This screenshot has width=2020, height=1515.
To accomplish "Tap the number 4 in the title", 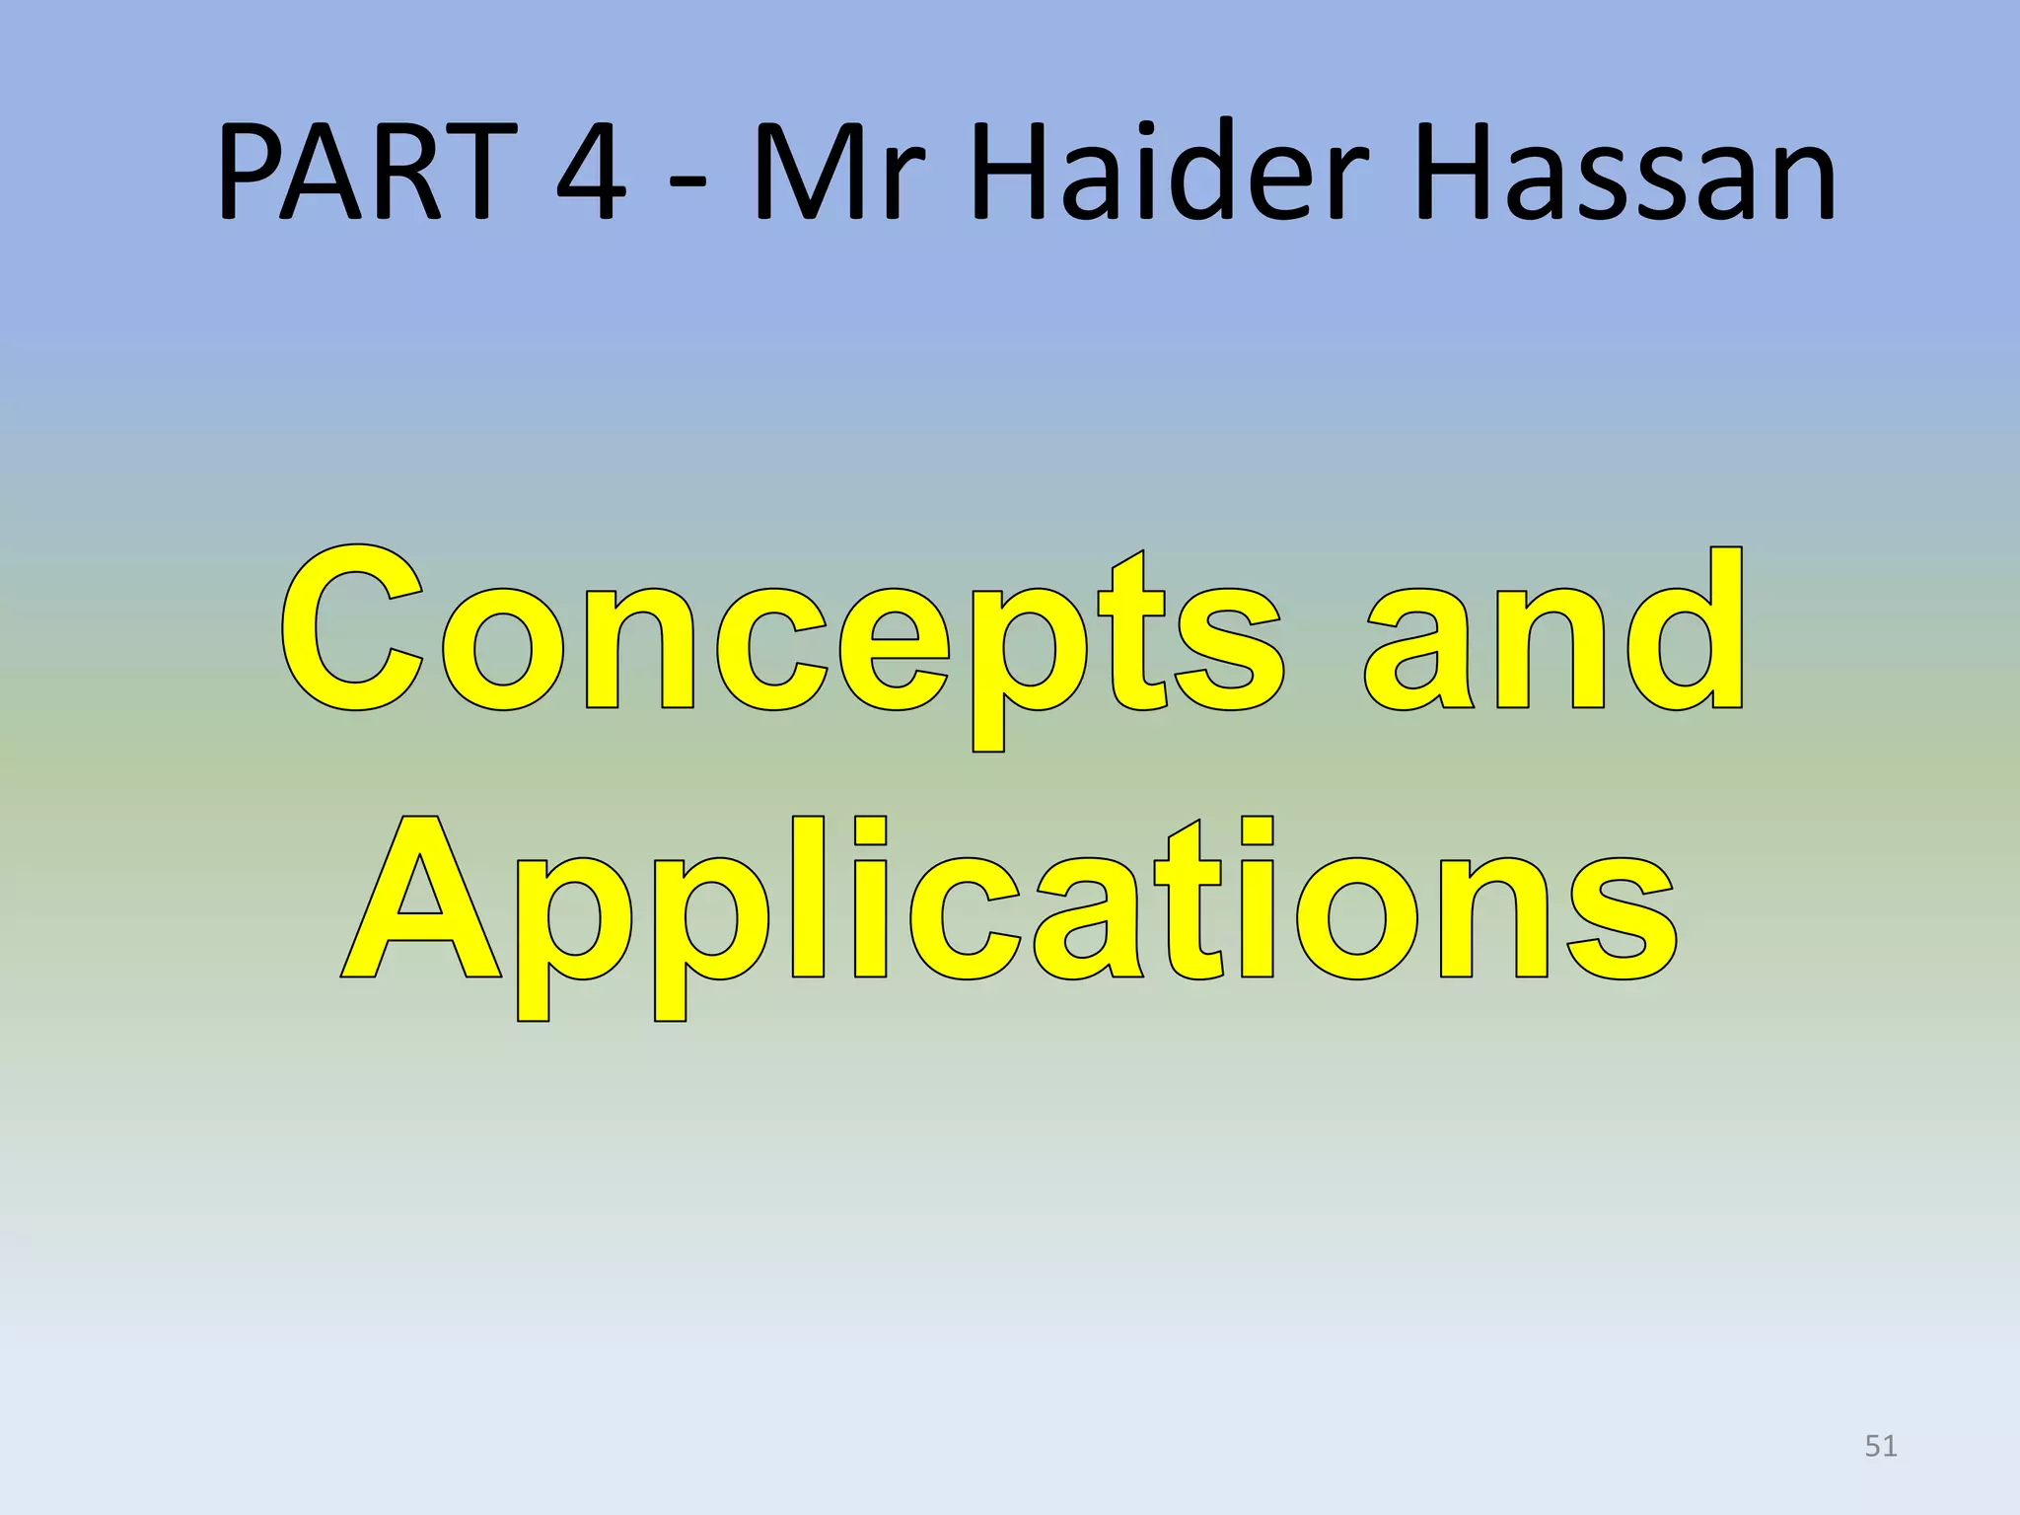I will pos(590,172).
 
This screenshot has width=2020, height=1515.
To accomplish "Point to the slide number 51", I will pos(1881,1446).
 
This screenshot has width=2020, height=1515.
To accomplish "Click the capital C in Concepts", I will pos(353,628).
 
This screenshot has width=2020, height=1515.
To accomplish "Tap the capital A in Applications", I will pos(421,898).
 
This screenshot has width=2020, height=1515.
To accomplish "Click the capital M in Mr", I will pos(812,172).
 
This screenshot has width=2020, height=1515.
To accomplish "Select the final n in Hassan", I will pos(1797,181).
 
